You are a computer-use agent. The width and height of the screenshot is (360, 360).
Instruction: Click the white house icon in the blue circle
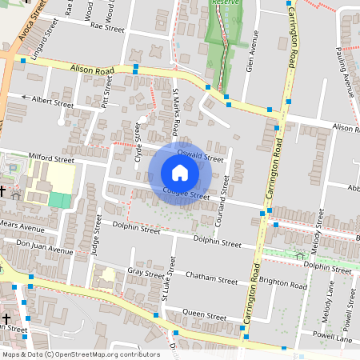coord(180,173)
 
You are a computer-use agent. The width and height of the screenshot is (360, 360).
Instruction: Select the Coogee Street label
coord(186,193)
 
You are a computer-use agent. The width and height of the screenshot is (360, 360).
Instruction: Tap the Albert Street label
coord(52,102)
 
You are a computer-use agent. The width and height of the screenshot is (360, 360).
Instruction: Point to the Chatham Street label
coord(211,280)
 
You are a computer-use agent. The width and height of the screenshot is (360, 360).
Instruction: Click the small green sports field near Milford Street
coord(59,200)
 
